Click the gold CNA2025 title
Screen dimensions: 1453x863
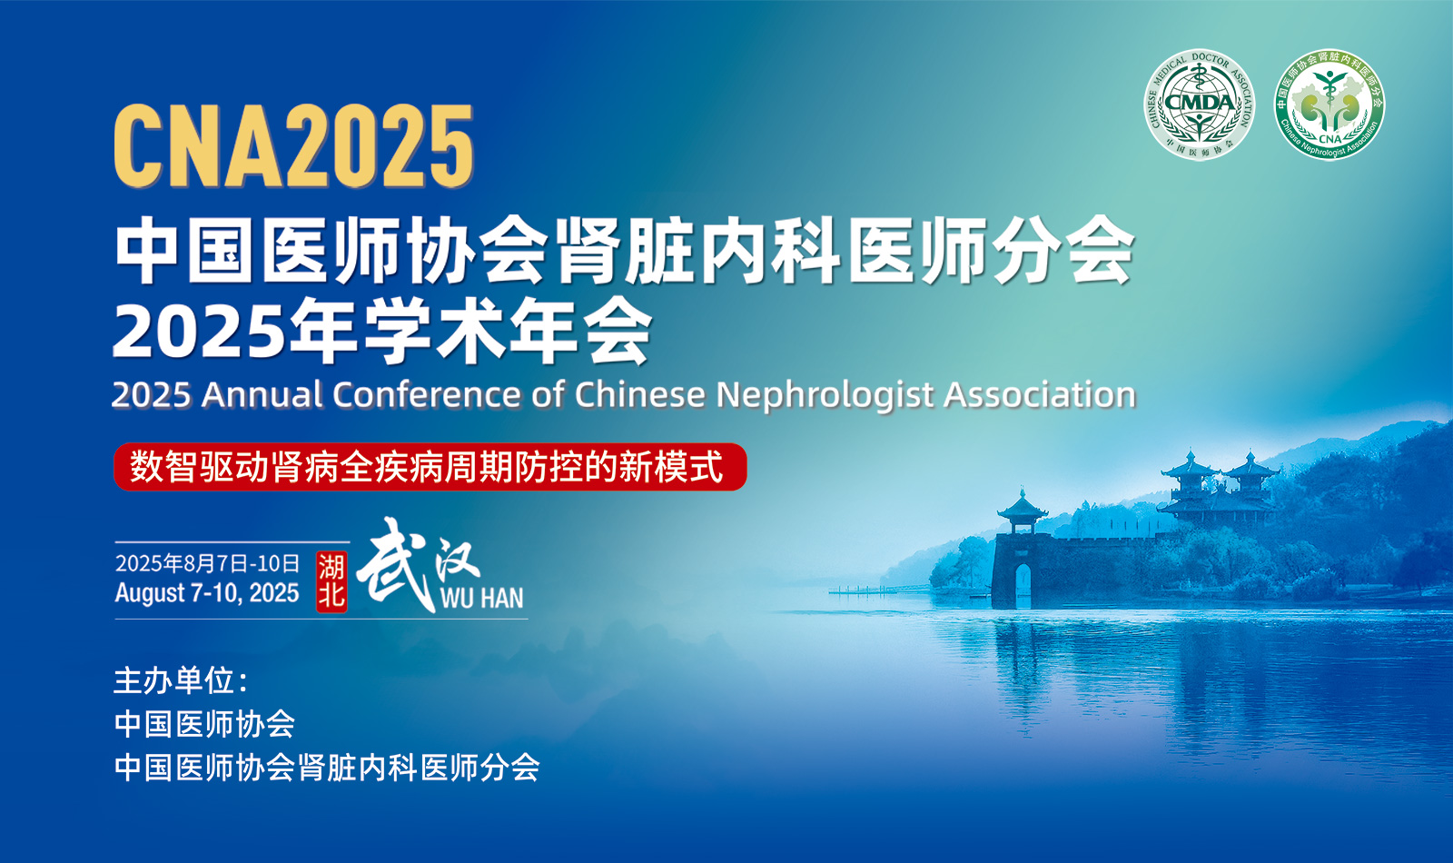click(x=294, y=146)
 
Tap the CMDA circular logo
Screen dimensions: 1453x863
click(x=1200, y=104)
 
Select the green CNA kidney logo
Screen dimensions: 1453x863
click(x=1329, y=104)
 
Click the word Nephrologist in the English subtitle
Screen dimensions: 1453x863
click(x=825, y=394)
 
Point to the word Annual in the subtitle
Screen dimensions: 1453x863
click(x=262, y=394)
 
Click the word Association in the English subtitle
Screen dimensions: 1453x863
click(x=1040, y=394)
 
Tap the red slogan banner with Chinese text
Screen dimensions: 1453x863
click(x=430, y=467)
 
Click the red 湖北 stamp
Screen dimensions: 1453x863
click(x=331, y=582)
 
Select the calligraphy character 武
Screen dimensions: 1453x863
click(x=396, y=563)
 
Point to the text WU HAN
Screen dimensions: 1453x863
click(x=481, y=599)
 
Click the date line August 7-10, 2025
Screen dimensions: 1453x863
click(x=207, y=593)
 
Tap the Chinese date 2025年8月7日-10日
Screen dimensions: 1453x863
click(x=207, y=563)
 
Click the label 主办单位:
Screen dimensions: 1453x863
click(x=181, y=680)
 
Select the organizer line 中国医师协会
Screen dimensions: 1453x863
click(x=204, y=724)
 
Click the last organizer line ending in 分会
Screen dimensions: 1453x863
click(x=327, y=768)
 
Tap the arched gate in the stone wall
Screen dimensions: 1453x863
click(x=1023, y=586)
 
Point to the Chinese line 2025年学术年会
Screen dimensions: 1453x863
click(x=382, y=332)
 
